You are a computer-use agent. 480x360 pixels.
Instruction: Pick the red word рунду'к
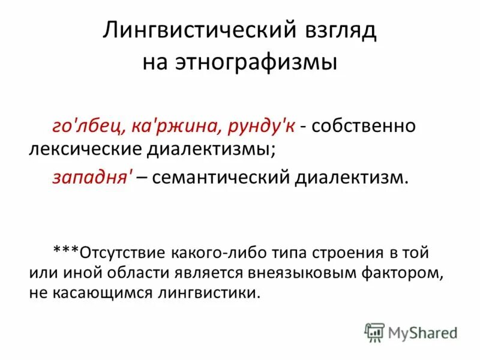268,127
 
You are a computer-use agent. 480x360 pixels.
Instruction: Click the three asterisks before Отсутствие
66,251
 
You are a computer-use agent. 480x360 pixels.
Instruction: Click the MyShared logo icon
374,332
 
